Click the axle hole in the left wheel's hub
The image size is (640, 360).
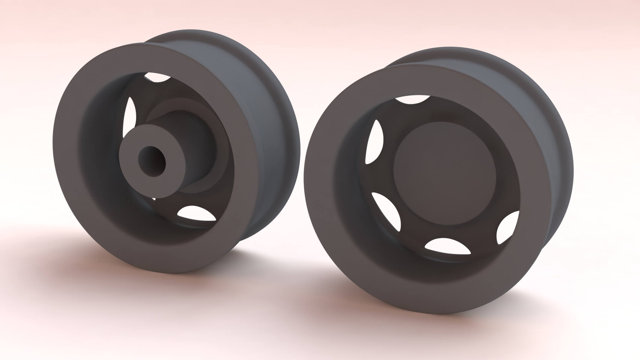(x=152, y=161)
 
